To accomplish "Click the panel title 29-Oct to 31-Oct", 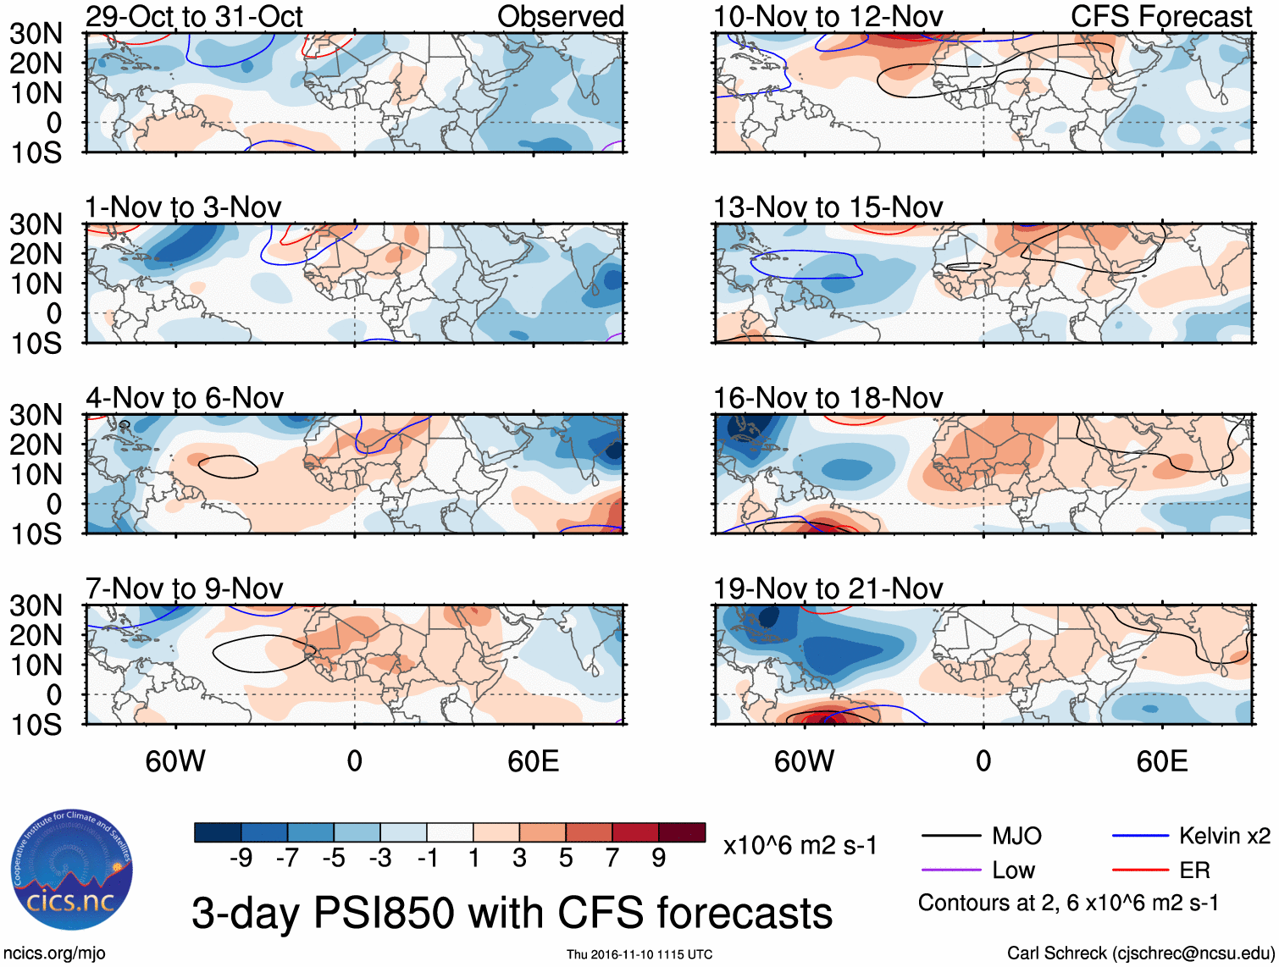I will click(194, 16).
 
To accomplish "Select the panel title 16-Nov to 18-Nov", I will click(828, 398).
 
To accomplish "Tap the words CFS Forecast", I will click(1160, 16).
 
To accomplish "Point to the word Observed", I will click(560, 16).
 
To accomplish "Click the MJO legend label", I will click(1016, 837).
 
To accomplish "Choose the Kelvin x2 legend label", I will click(1224, 837).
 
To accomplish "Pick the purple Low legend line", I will click(951, 870).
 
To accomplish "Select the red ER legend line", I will click(1139, 870).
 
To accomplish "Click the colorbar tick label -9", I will click(241, 859).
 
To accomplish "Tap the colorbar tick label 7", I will click(612, 859).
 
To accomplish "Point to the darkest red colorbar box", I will click(682, 832).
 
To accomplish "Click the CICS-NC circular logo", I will click(72, 870).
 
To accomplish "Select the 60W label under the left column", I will click(175, 761).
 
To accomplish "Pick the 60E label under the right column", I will click(1161, 761).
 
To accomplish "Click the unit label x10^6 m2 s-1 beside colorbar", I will click(800, 845).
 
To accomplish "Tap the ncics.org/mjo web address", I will click(53, 953).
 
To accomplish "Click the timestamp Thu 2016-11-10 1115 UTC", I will click(639, 954).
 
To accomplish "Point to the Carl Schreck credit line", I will click(1140, 953).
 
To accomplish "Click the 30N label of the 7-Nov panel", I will click(36, 606).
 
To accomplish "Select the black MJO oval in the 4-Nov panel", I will click(228, 467).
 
